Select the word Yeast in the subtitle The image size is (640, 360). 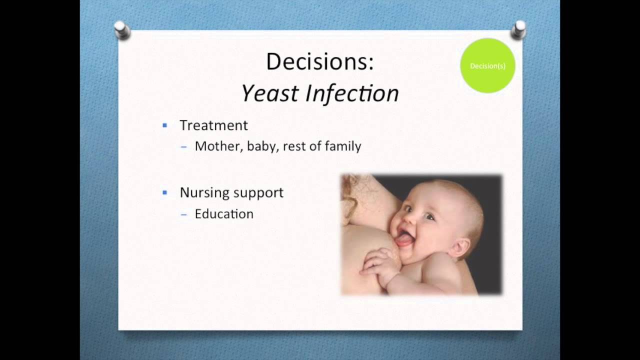pyautogui.click(x=270, y=93)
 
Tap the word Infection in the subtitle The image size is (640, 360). pyautogui.click(x=352, y=93)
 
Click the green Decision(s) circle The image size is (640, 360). pyautogui.click(x=487, y=65)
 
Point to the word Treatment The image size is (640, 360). pyautogui.click(x=213, y=125)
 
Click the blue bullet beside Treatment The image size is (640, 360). pyautogui.click(x=165, y=125)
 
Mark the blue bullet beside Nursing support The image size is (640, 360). pyautogui.click(x=165, y=192)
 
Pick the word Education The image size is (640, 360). pyautogui.click(x=224, y=214)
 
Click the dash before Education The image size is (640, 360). pyautogui.click(x=184, y=214)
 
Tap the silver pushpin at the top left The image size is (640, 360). pyautogui.click(x=121, y=30)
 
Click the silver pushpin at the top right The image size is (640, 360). pyautogui.click(x=518, y=30)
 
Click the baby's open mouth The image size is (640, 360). pyautogui.click(x=404, y=240)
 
